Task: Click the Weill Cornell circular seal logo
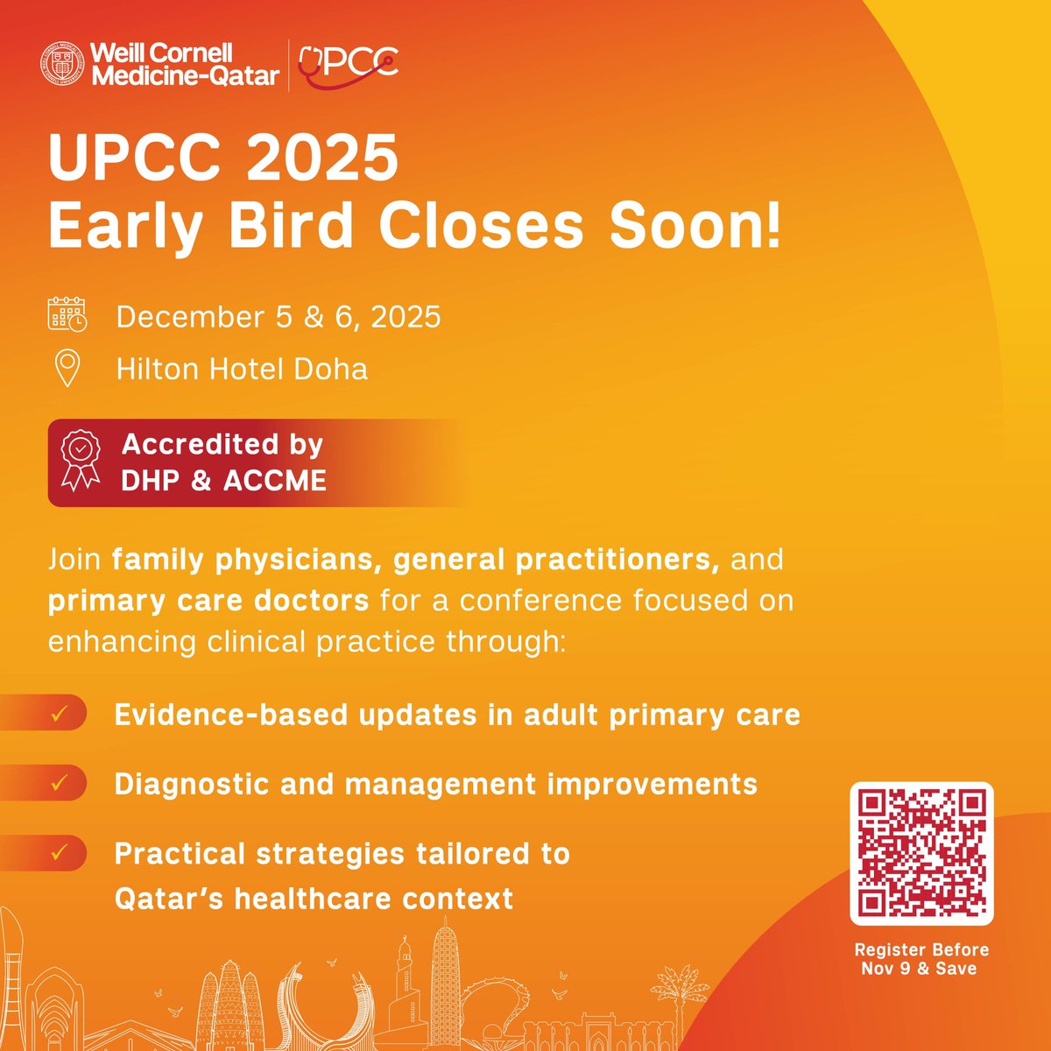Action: click(64, 65)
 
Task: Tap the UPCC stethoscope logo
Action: click(348, 64)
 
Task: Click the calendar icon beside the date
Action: click(67, 315)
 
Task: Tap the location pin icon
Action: click(67, 369)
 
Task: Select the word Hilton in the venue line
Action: click(157, 369)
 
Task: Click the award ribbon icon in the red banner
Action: click(81, 462)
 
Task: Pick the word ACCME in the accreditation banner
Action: click(275, 481)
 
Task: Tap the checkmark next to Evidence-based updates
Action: click(60, 713)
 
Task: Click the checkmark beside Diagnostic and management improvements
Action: click(60, 783)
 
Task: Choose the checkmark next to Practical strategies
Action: click(60, 852)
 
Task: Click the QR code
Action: click(921, 853)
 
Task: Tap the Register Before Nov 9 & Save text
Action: click(921, 959)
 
